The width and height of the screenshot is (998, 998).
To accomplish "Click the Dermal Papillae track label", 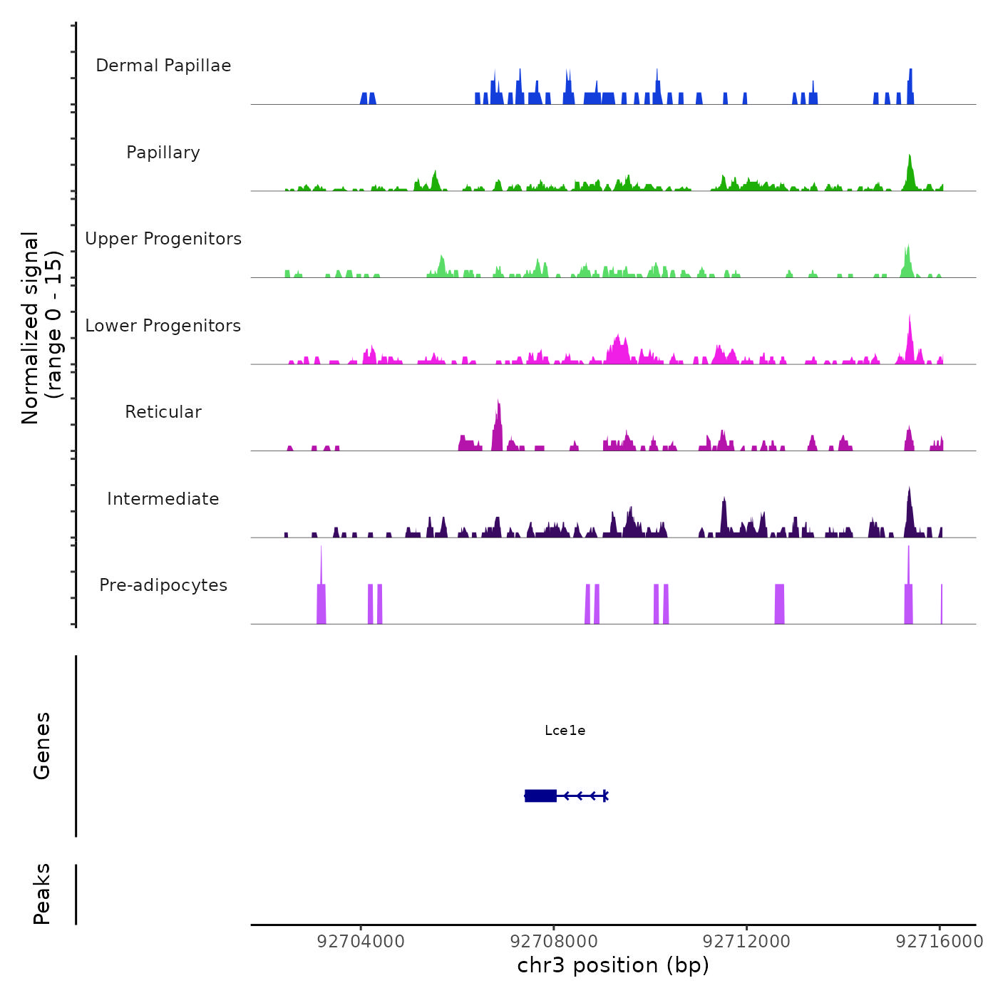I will (x=163, y=66).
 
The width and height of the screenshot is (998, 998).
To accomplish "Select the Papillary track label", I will (x=163, y=153).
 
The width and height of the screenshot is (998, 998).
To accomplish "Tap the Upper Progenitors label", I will (x=163, y=239).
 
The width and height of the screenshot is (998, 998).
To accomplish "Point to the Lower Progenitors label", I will (x=163, y=326).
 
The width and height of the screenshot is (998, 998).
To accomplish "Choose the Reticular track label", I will (x=163, y=412).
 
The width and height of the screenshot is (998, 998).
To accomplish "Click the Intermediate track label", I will (x=163, y=499).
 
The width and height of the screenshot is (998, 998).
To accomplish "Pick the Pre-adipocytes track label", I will (x=163, y=585).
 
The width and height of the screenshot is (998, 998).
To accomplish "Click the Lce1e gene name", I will (x=565, y=730).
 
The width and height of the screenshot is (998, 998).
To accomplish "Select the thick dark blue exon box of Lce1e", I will (x=540, y=796).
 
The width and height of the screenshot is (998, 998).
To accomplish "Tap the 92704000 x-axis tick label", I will (x=361, y=941).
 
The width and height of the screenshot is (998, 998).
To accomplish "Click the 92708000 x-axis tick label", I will (x=554, y=941).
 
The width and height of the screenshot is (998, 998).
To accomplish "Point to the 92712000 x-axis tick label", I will (x=746, y=941).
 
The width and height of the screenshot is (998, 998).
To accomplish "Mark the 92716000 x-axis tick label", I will (x=939, y=941).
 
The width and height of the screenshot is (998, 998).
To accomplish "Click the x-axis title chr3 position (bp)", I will (x=613, y=965).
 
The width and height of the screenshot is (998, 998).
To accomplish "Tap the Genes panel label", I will (x=42, y=746).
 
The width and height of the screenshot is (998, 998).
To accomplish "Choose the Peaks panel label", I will (x=42, y=894).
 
